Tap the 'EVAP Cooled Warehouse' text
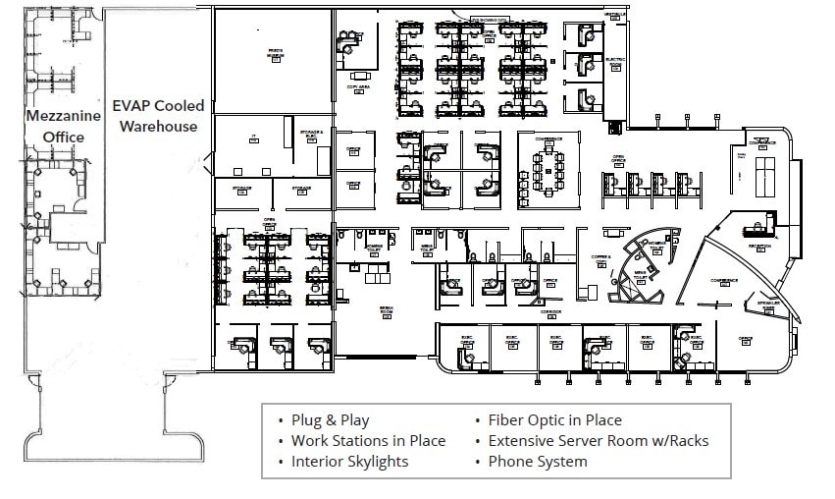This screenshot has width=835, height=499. (158, 115)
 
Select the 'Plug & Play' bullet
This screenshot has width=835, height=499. (330, 420)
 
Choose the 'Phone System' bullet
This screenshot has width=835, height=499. (537, 462)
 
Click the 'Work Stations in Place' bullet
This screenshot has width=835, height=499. (368, 441)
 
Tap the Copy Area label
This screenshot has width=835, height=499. (358, 87)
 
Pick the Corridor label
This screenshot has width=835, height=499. (550, 313)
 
